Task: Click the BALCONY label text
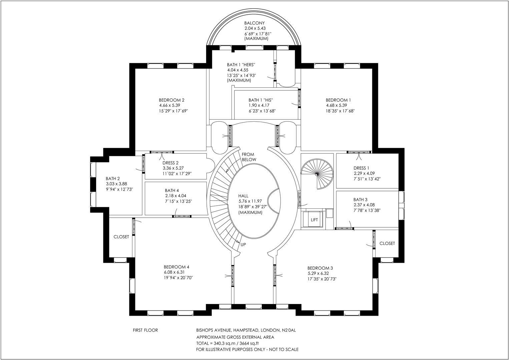click(x=254, y=23)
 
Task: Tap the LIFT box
click(x=314, y=220)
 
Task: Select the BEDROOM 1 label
click(x=338, y=100)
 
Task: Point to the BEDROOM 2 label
click(x=171, y=100)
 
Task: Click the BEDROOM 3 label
click(x=320, y=268)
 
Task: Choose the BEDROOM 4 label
click(x=176, y=267)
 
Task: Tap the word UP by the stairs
click(x=243, y=245)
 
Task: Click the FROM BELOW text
click(x=249, y=157)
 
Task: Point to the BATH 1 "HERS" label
click(x=241, y=65)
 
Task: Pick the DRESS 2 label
click(x=171, y=163)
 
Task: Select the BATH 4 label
click(x=172, y=190)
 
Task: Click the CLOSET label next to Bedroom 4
click(x=121, y=237)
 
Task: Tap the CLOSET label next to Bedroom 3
click(x=387, y=243)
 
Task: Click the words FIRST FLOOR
click(x=145, y=330)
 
